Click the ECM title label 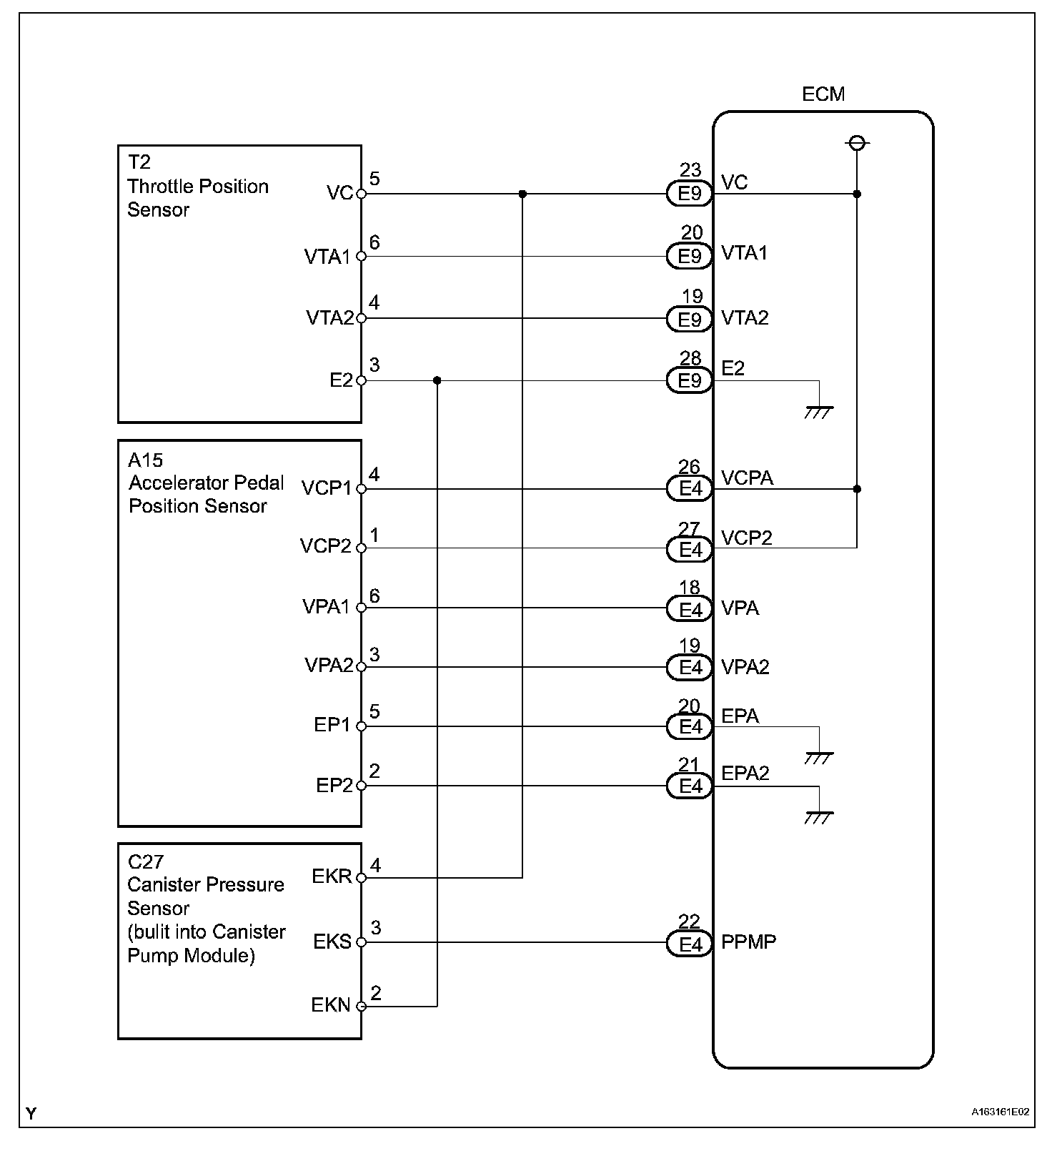[x=823, y=94]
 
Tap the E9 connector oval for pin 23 [x=689, y=194]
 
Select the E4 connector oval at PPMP [x=690, y=944]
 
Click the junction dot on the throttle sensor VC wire [x=522, y=194]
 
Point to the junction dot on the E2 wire [x=437, y=380]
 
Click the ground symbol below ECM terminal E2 [x=819, y=411]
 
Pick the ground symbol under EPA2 [x=819, y=816]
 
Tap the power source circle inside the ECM [x=857, y=144]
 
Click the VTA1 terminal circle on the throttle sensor [x=361, y=257]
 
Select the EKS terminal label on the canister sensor [x=332, y=942]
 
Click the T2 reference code [x=139, y=162]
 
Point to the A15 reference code [x=146, y=460]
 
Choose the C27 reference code [x=146, y=861]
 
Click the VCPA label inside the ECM [x=747, y=478]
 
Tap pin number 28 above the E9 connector [x=690, y=358]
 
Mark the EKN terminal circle [x=361, y=1006]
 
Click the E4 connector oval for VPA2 [x=690, y=667]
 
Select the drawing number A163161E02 [x=1000, y=1112]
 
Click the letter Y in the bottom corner [x=31, y=1113]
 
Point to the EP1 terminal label [x=332, y=725]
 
